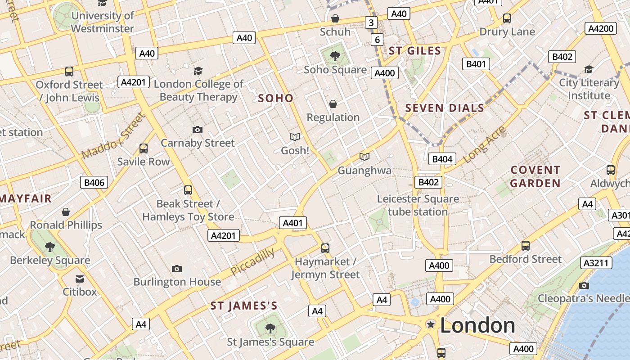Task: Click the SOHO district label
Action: [x=275, y=98]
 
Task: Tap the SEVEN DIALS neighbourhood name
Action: [x=445, y=108]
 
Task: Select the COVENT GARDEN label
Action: [x=535, y=176]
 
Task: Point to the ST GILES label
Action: [x=414, y=51]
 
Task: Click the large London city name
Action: [x=477, y=325]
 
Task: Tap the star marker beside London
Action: [x=431, y=324]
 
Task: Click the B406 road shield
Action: [x=94, y=182]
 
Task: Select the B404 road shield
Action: [x=442, y=159]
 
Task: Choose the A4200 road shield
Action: [x=601, y=29]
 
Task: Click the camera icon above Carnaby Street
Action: [x=197, y=130]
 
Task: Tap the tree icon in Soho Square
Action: [x=335, y=56]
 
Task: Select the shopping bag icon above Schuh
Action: [x=335, y=18]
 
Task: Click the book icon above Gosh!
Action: [x=295, y=137]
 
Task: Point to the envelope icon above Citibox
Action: [x=80, y=279]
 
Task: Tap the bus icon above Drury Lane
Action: [x=507, y=18]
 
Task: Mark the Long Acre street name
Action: [x=484, y=144]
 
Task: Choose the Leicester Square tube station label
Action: [x=418, y=205]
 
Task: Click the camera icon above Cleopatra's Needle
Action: [x=584, y=285]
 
